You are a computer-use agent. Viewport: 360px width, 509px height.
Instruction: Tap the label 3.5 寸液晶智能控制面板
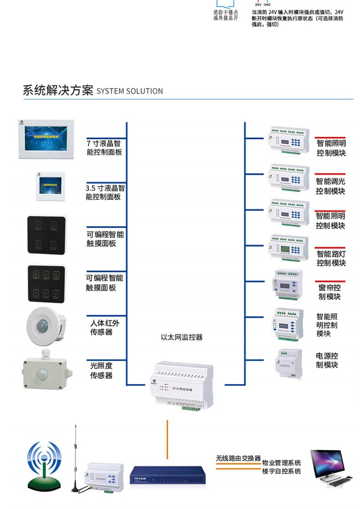105,192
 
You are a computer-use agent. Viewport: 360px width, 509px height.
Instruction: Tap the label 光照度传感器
101,370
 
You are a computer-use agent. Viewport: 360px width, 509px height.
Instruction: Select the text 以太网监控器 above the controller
181,338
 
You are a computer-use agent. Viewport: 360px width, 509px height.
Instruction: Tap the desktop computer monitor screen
326,462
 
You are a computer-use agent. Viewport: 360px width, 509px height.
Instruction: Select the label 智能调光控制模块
331,186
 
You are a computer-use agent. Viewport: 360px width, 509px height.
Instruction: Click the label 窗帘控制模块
329,292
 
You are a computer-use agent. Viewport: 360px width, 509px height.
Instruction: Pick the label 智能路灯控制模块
331,258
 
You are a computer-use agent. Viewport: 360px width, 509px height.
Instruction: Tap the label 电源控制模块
327,360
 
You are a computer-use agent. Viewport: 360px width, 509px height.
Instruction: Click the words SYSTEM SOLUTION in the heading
130,91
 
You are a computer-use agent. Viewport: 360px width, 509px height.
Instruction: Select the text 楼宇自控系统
281,471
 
